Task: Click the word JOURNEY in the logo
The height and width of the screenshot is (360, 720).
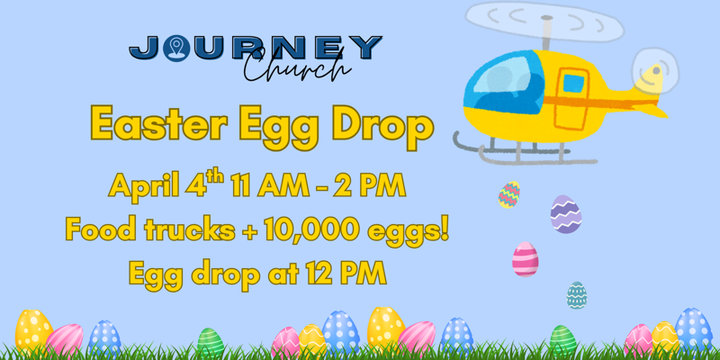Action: tap(256, 48)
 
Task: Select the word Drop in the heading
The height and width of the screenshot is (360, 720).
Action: tap(379, 125)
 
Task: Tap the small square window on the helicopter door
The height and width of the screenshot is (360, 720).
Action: tap(573, 84)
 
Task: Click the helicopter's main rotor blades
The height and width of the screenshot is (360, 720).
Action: tap(544, 22)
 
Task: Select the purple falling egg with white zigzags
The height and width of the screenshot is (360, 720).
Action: tap(565, 214)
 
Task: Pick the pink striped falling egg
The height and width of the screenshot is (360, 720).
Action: tap(525, 259)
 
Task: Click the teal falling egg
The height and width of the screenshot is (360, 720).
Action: tap(577, 294)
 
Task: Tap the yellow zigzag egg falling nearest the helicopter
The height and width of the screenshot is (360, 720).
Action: tap(509, 194)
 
